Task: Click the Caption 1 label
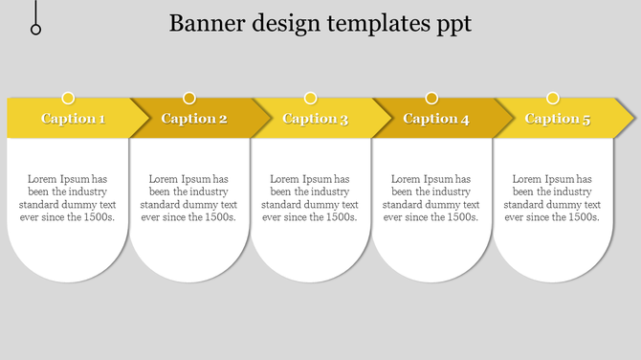[x=73, y=119]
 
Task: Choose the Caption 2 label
[x=194, y=119]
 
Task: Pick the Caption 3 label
[x=315, y=119]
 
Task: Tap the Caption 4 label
[x=436, y=119]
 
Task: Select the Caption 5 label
[x=558, y=119]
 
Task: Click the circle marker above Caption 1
[x=68, y=98]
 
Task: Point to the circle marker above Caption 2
[x=189, y=98]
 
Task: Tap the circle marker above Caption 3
[x=310, y=98]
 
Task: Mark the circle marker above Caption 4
[x=431, y=98]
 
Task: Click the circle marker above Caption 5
[x=552, y=98]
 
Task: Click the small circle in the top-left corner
[x=36, y=30]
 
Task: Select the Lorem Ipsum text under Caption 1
[x=67, y=198]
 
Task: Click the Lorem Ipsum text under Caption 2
[x=188, y=198]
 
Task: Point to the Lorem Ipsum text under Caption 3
[x=310, y=198]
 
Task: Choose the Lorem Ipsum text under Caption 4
[x=431, y=198]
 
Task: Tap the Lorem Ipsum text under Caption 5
[x=552, y=198]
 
